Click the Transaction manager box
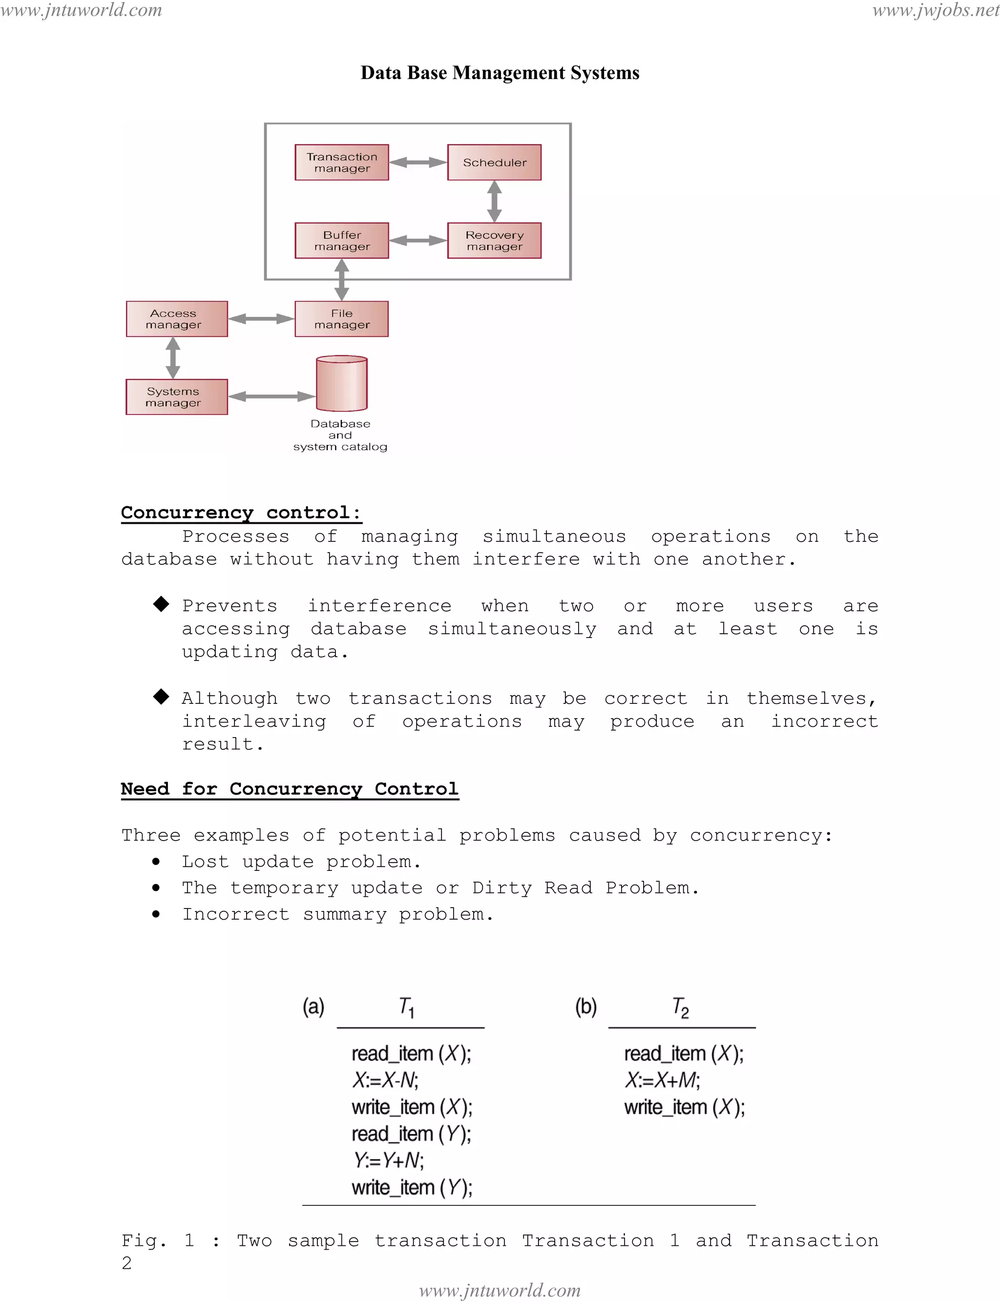click(x=342, y=163)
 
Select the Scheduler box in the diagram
click(x=494, y=163)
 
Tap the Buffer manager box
click(x=342, y=241)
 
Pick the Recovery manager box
click(x=494, y=241)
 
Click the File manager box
click(x=342, y=319)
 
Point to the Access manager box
click(x=177, y=319)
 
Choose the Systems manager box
click(x=177, y=397)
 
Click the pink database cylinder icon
click(x=342, y=384)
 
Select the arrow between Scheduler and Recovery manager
click(x=494, y=201)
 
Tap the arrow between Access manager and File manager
click(x=261, y=319)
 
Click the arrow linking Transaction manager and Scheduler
click(x=418, y=163)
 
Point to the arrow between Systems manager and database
click(x=271, y=396)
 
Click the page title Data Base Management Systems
click(x=500, y=73)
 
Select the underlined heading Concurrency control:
click(x=241, y=513)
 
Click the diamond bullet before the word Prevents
click(x=161, y=604)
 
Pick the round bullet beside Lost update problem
click(x=156, y=862)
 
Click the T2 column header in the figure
click(x=680, y=1008)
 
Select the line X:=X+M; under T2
click(x=662, y=1080)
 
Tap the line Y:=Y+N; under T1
click(x=388, y=1160)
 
